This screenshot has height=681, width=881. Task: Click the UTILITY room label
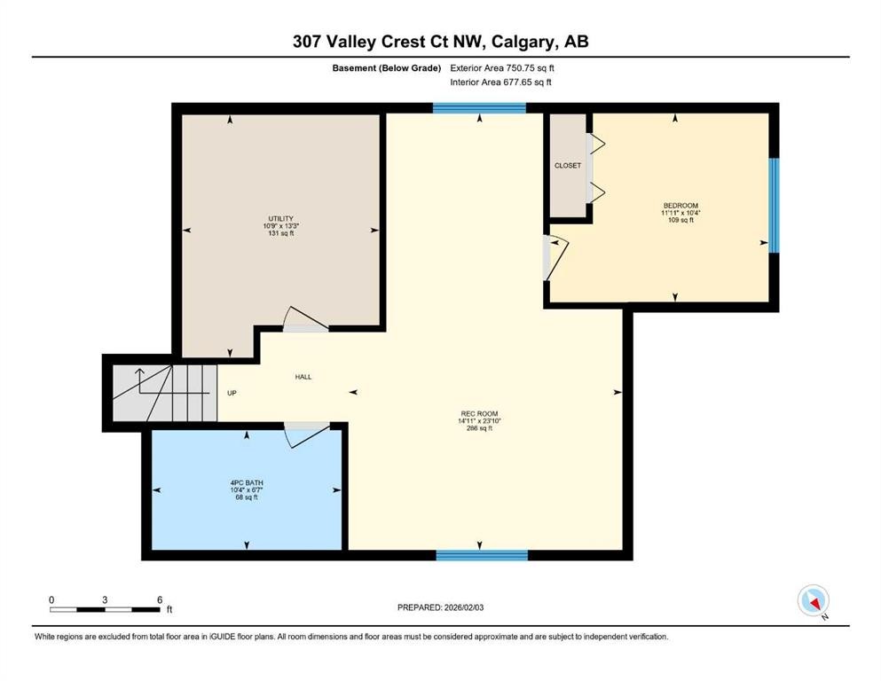pos(281,219)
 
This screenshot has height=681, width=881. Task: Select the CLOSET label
pos(568,166)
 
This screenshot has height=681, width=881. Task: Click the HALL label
pos(303,377)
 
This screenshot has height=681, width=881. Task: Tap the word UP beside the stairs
pos(232,393)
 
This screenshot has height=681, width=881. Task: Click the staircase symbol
pos(165,393)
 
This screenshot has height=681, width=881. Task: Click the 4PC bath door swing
pos(303,432)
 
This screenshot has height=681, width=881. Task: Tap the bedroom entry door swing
pos(555,255)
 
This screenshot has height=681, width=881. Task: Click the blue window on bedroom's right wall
pos(773,205)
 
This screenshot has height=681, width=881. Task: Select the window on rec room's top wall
pos(479,109)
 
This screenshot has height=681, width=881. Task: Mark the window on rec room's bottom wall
pos(482,555)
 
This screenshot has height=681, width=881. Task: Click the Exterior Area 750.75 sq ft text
pos(507,67)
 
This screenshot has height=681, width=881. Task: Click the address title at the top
pos(440,41)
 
